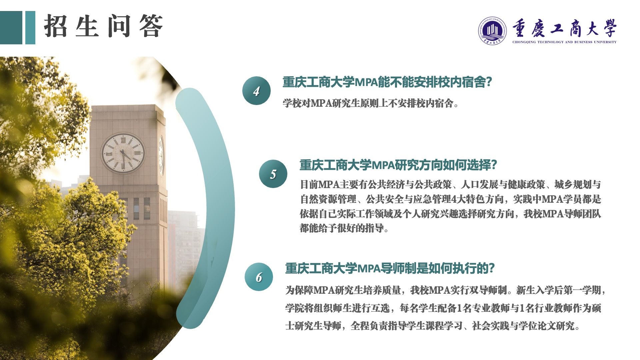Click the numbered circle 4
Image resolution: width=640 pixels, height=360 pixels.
point(256,91)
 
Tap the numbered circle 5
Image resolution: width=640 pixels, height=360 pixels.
point(273,174)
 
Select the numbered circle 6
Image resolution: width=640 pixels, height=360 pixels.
point(259,277)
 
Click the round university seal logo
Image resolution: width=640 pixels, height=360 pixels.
point(492,30)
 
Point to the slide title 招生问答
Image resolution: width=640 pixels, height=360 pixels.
point(103,26)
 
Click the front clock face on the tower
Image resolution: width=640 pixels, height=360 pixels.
point(123,153)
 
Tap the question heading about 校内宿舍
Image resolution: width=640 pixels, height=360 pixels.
point(387,82)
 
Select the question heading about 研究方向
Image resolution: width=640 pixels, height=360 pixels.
point(398,165)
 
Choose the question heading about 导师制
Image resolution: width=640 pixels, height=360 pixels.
point(390,268)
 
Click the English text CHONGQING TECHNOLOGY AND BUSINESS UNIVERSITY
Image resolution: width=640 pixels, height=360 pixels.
point(564,42)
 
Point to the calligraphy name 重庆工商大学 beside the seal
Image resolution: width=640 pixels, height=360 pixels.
point(564,28)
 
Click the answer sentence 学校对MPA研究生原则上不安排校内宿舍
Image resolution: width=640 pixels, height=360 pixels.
point(370,103)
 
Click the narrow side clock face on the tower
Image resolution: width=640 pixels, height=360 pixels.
point(161,155)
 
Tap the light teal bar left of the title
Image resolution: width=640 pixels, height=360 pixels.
point(30,28)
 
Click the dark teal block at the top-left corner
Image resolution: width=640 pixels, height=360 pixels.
point(11,28)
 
